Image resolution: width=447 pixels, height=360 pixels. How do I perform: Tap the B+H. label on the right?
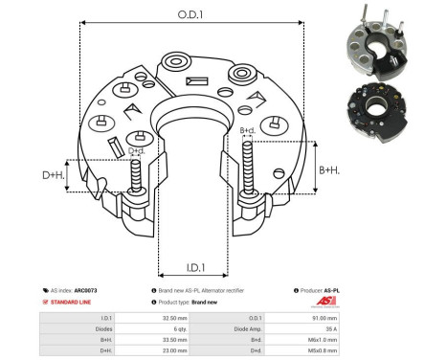coord(328,169)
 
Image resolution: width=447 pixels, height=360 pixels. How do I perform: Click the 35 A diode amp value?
coord(376,327)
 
